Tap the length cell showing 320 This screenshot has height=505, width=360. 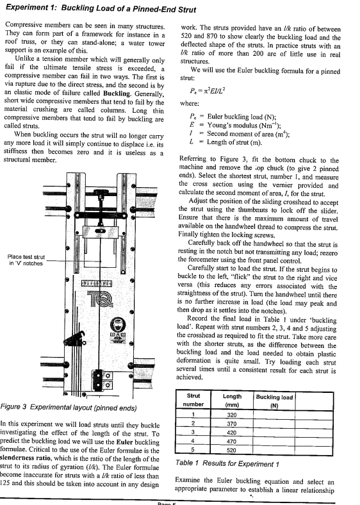point(232,415)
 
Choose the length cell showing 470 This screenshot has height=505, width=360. point(232,441)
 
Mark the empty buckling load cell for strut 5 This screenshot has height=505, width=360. point(274,450)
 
